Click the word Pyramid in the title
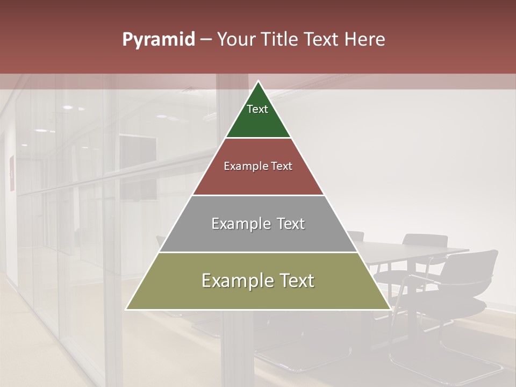pos(158,40)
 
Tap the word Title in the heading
pos(281,39)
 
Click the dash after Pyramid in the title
pos(205,40)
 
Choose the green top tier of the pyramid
pos(258,121)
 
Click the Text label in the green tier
pos(257,109)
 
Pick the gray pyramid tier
pos(258,236)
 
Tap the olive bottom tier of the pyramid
pos(258,296)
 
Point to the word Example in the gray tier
pos(240,224)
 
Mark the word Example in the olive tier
pos(237,281)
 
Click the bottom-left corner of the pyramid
pos(127,309)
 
